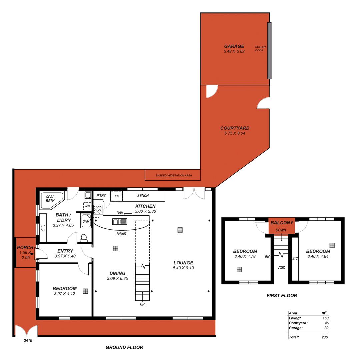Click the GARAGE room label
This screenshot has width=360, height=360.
234,46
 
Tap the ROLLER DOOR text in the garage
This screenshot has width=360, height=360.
260,49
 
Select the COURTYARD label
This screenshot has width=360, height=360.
235,128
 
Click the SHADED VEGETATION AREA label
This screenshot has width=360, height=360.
173,175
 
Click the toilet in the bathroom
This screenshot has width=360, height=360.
84,237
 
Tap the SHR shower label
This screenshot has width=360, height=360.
86,221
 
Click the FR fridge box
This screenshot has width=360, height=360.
117,196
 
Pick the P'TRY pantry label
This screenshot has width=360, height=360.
101,196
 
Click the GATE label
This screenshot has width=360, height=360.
27,341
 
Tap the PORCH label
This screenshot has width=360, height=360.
25,248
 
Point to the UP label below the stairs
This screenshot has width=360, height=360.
142,304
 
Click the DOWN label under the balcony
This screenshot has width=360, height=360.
281,230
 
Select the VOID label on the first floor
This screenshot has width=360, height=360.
282,268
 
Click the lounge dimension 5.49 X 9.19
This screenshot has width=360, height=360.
183,268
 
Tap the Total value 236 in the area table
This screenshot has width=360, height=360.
324,337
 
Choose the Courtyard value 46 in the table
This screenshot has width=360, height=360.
326,323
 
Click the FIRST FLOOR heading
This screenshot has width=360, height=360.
282,295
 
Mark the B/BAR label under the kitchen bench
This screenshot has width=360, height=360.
121,234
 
